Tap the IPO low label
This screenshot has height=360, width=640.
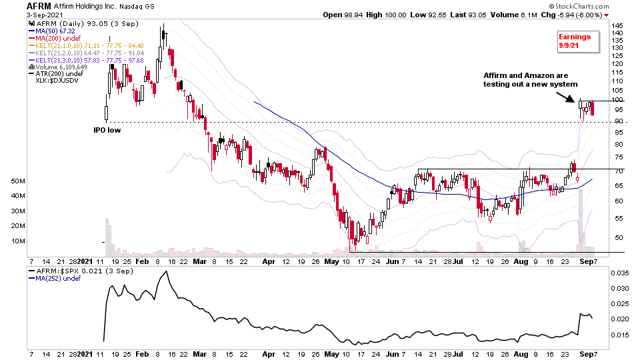[x=107, y=131]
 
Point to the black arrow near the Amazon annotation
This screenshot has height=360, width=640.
[x=567, y=97]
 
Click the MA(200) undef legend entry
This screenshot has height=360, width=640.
[x=54, y=38]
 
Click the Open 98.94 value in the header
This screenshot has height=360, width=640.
[x=343, y=15]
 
